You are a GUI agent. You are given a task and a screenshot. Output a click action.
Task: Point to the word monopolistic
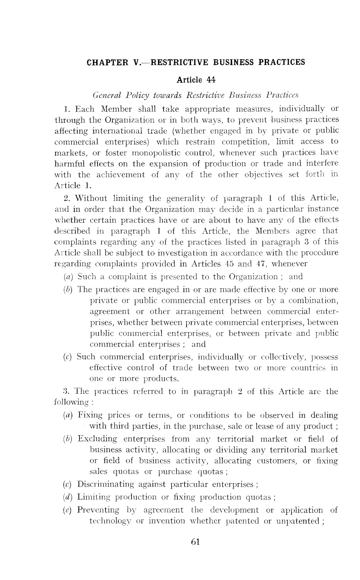pos(165,153)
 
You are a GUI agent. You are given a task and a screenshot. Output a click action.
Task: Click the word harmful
pos(67,164)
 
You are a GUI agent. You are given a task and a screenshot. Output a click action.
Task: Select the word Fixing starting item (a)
pos(90,415)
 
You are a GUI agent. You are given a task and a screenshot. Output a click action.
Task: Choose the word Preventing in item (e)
pos(98,510)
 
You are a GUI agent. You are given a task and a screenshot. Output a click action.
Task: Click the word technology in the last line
pos(111,521)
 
